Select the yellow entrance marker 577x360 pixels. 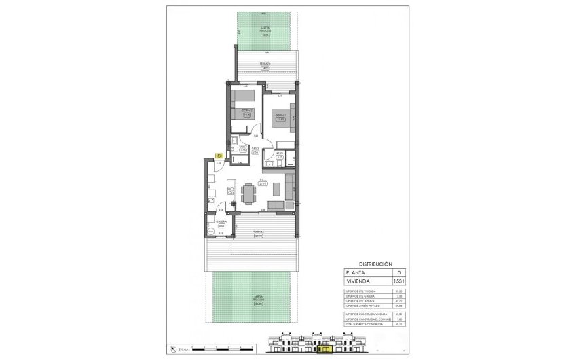pyautogui.click(x=219, y=156)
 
